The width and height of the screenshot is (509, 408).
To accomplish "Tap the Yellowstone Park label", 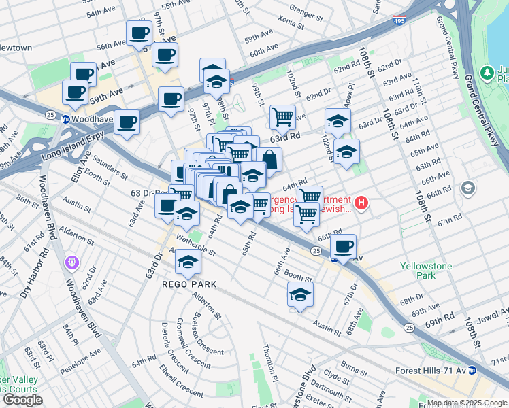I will point(427,271).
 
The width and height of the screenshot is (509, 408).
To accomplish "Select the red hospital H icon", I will point(362,203).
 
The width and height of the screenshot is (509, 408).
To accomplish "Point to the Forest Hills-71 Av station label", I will point(432,370).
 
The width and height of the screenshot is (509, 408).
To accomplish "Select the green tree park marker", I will point(487,73).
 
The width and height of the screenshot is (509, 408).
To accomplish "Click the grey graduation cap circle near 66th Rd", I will point(468,188).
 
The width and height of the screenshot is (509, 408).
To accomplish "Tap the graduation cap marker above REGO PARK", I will point(188,261).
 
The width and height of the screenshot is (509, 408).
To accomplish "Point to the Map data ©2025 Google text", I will point(467,403).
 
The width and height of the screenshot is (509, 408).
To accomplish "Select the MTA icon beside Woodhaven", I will point(66,119).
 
